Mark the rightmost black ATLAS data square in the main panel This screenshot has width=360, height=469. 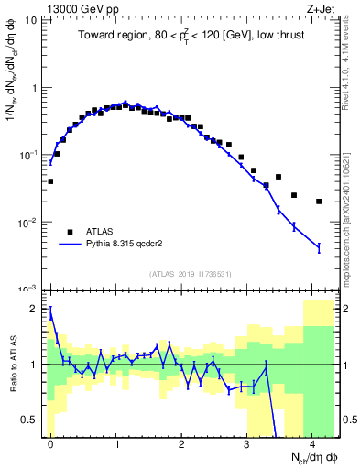tap(319, 202)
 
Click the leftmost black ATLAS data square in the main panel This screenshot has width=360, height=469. tap(50, 181)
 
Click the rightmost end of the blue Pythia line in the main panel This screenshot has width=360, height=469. tap(319, 247)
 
